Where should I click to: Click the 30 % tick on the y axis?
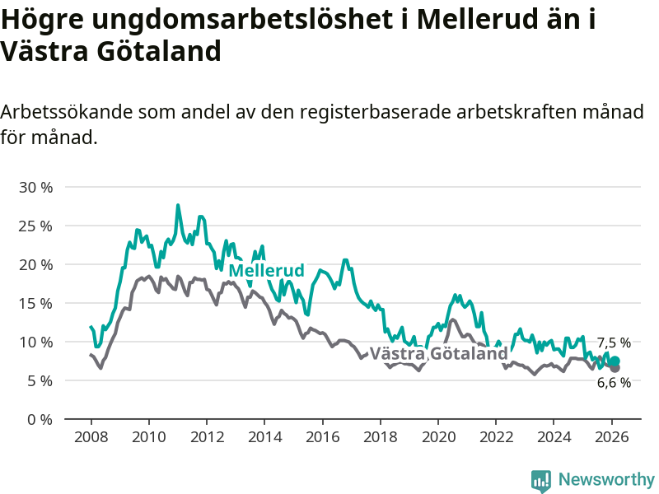[x=35, y=187]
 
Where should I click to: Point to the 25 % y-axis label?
[x=35, y=226]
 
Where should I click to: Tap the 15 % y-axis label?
[x=35, y=303]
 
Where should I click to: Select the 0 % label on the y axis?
[x=40, y=419]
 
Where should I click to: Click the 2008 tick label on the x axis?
[x=90, y=436]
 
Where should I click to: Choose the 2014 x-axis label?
[x=264, y=436]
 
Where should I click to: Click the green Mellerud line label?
[x=266, y=271]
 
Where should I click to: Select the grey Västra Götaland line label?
[x=438, y=354]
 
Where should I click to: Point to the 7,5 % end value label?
[x=614, y=343]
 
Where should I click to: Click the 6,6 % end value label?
[x=614, y=382]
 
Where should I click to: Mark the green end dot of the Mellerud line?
[x=615, y=361]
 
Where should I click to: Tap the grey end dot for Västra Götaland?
[x=615, y=368]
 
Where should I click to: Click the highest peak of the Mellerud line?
[x=178, y=205]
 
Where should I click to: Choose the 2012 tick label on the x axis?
[x=206, y=436]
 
